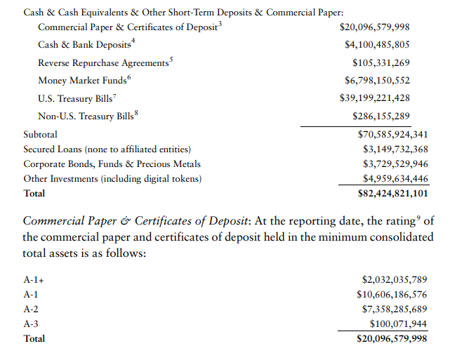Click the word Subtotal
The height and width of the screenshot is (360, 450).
point(41,133)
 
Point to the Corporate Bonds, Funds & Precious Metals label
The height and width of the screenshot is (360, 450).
point(112,164)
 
